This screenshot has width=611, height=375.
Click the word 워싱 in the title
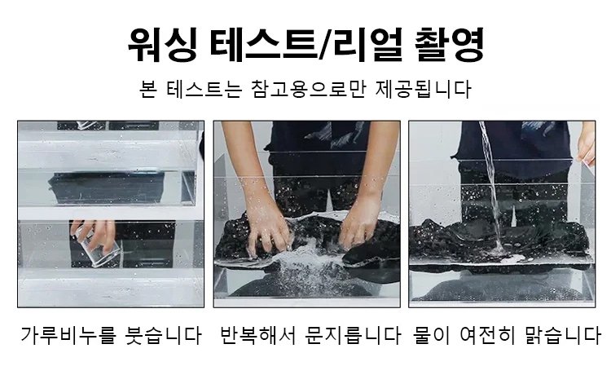point(162,44)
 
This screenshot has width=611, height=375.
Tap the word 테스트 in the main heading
point(263,44)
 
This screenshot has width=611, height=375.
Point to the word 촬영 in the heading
point(449,44)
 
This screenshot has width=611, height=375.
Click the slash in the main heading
point(325,45)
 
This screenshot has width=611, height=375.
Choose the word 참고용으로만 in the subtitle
point(308,89)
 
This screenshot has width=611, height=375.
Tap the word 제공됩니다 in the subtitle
point(423,89)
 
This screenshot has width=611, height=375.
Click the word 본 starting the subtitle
point(148,89)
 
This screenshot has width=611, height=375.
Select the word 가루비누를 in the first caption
point(68,335)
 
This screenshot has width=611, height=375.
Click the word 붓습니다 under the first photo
point(163,335)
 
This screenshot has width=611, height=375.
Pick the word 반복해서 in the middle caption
point(258,335)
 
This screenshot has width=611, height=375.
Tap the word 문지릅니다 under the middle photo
point(353,335)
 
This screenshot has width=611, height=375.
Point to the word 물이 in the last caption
point(432,335)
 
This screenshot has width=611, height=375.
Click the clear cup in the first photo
point(94,249)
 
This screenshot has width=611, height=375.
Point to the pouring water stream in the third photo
point(492,187)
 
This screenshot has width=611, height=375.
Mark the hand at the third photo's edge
point(587,145)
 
